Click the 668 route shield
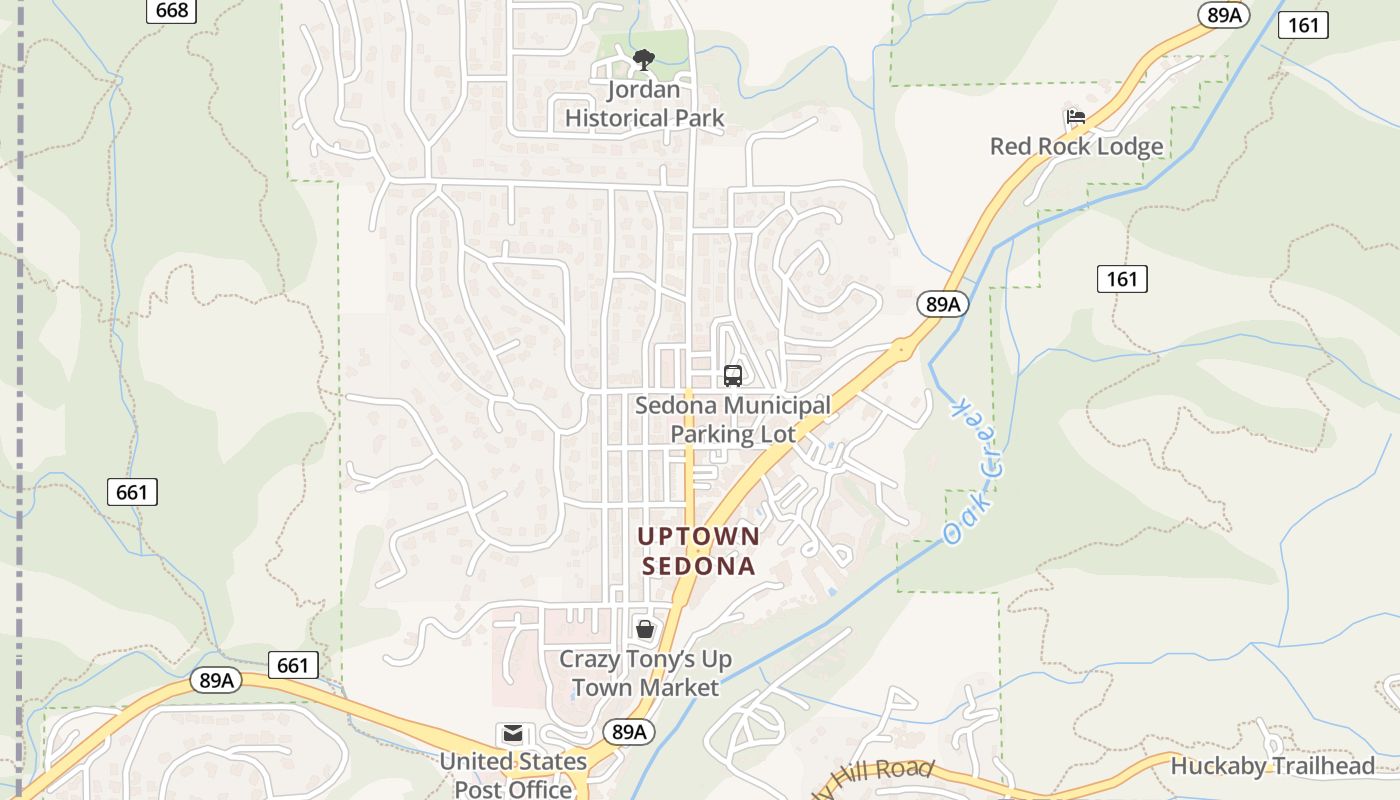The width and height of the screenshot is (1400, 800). [172, 10]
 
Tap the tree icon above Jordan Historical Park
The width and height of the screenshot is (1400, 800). [645, 60]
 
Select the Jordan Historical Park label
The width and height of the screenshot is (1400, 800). [645, 104]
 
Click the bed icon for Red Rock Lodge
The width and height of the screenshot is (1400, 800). [1076, 117]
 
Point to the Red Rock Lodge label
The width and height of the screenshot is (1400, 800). [1077, 146]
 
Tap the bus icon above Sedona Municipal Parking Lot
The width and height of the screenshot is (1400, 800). [733, 376]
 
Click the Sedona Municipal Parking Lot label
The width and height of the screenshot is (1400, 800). [733, 420]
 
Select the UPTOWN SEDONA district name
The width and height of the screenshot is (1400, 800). [699, 551]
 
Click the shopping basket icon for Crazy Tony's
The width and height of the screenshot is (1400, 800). [645, 629]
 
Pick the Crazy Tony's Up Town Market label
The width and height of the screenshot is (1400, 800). [645, 673]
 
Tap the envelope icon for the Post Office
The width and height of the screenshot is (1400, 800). [513, 734]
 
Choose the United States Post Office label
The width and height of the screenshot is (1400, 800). [513, 775]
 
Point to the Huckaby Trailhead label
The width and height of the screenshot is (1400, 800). [1273, 767]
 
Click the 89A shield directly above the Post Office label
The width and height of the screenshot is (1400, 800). [629, 732]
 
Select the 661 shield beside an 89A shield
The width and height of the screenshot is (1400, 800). [293, 665]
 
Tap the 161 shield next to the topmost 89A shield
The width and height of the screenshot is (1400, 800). [1304, 25]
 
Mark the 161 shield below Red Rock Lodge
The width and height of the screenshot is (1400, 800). [1122, 279]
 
